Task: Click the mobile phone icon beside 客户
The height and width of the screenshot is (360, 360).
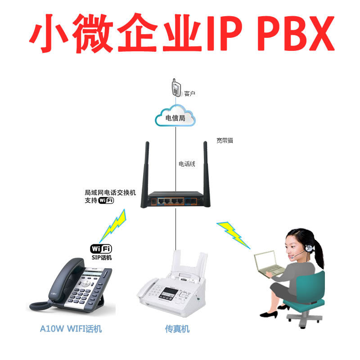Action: (176, 88)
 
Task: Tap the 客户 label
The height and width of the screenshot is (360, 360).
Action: (189, 94)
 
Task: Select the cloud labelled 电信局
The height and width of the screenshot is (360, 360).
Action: (175, 118)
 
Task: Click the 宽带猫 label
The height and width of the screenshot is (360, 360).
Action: (224, 141)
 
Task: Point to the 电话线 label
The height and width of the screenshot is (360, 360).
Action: (187, 164)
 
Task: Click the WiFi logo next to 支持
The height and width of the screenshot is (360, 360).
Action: (106, 201)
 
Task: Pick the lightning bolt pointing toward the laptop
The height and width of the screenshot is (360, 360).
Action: (233, 233)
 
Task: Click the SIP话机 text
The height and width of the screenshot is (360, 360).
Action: (101, 258)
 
